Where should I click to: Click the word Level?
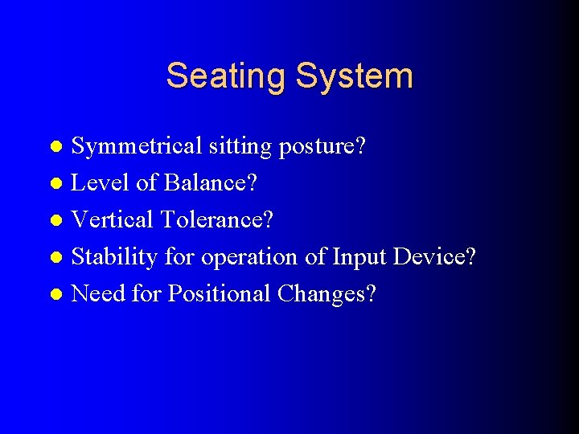[101, 183]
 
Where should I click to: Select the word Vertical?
[112, 220]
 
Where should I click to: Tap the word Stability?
[114, 257]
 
